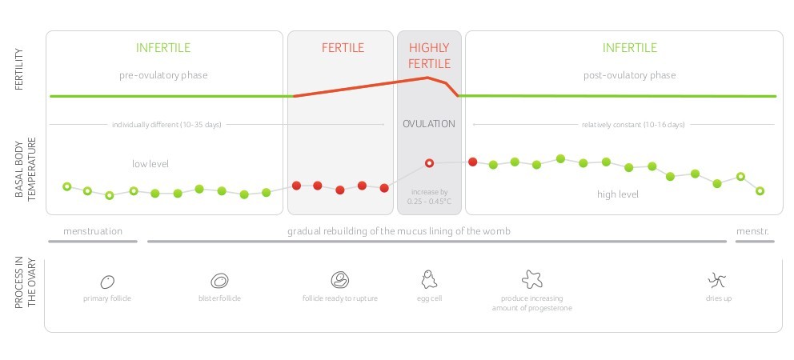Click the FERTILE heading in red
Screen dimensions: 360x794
tap(343, 48)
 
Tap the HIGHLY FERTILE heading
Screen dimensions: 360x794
tap(429, 55)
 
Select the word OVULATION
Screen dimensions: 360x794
tap(429, 124)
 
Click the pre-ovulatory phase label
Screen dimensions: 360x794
tap(163, 75)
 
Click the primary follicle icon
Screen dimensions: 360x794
tap(107, 281)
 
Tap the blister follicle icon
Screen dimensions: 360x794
tap(219, 281)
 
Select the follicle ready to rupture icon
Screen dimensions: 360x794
tap(340, 280)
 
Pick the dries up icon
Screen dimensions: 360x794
tap(717, 280)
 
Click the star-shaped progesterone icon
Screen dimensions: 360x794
tap(531, 279)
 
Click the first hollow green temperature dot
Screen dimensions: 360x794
tap(66, 186)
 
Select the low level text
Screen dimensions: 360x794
tap(150, 164)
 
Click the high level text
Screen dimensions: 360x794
tap(618, 194)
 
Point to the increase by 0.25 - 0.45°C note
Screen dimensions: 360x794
tap(429, 197)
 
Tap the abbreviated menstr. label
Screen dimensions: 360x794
tap(752, 231)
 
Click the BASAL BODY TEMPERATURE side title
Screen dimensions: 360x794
tap(26, 169)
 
